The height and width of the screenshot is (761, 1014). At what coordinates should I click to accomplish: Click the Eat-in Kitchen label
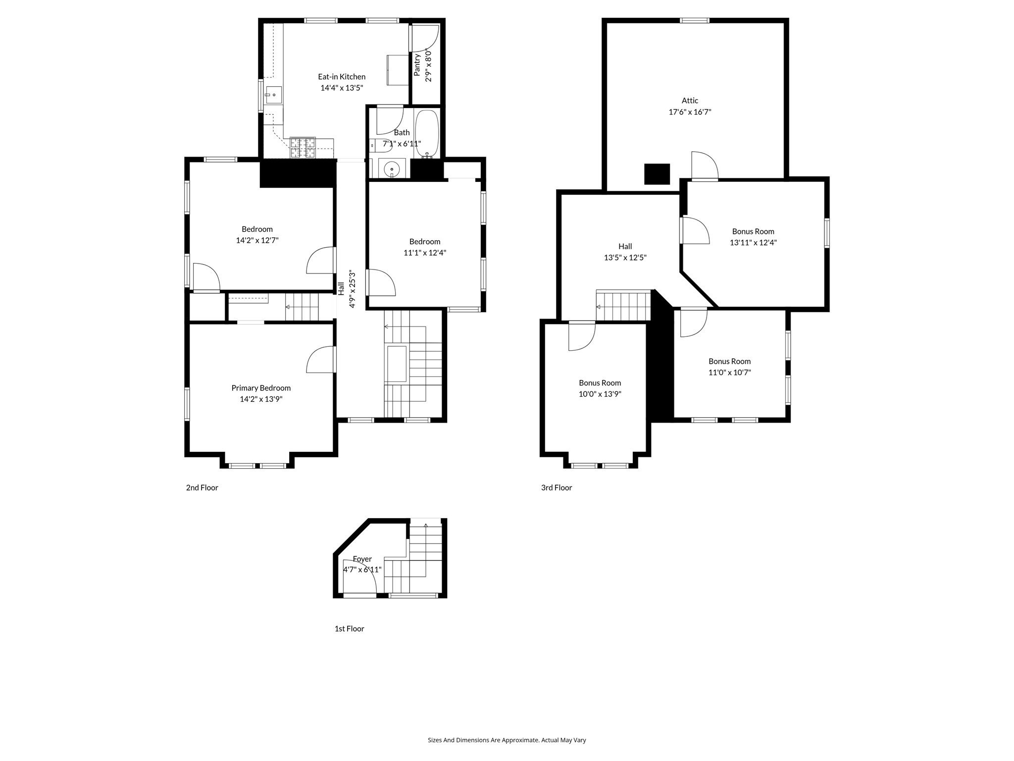coord(342,77)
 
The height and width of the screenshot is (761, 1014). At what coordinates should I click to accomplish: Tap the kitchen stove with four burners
coord(303,147)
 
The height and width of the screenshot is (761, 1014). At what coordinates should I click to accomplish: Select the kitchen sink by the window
coord(273,95)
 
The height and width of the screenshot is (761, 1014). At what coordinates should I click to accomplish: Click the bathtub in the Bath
coord(426,132)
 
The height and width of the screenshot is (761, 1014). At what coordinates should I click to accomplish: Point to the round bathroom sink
coord(392,168)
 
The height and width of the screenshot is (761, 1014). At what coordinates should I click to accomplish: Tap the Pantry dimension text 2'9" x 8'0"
coord(429,65)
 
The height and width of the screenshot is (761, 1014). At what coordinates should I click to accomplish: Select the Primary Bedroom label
coord(261,388)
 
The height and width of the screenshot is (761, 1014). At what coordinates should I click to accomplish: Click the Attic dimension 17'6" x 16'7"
coord(690,112)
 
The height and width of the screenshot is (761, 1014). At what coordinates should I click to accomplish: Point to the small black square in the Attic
coord(657,174)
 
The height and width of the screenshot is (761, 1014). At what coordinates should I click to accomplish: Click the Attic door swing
coord(704,165)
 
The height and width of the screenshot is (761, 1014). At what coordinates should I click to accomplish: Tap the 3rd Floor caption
coord(556,488)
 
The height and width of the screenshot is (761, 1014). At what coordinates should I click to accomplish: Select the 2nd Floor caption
coord(202,488)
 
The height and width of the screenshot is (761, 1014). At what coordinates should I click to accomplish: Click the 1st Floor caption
coord(349,629)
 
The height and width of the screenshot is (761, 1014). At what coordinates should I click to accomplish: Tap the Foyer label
coord(362,559)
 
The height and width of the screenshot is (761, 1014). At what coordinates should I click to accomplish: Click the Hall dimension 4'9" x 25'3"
coord(353,289)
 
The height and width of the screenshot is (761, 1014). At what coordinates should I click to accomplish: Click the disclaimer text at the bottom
coord(507,740)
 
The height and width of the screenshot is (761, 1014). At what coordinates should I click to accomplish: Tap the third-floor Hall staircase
coord(623,306)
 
